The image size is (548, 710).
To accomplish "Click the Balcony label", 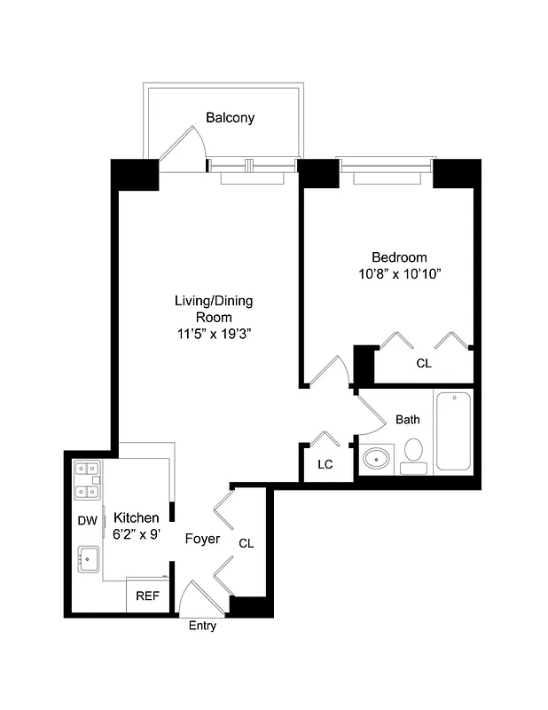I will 230,117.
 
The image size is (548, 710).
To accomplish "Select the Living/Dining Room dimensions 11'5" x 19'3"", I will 213,335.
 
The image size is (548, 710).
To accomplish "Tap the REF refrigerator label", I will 146,596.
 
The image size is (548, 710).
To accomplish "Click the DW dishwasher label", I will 87,521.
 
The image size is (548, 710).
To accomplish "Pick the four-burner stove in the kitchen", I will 87,479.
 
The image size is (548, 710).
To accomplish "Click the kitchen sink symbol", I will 88,559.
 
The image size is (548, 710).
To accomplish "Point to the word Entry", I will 202,626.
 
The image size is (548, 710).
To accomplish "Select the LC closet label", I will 325,463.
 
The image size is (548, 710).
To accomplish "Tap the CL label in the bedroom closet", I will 424,363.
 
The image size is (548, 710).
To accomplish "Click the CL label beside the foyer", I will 246,543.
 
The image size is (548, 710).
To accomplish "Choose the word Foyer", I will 202,539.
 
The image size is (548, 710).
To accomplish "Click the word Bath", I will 408,420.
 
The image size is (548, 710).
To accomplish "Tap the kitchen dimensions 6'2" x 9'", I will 137,534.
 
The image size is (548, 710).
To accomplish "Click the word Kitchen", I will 137,517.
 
